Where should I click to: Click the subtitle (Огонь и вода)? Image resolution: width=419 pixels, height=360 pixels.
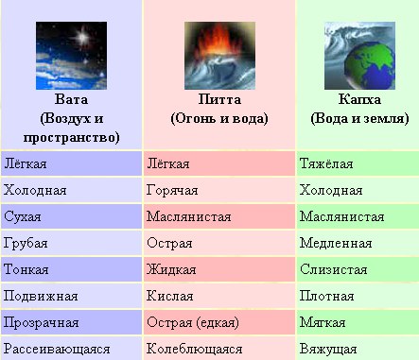pyautogui.click(x=218, y=118)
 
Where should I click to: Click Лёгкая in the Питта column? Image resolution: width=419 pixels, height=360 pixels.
pyautogui.click(x=169, y=163)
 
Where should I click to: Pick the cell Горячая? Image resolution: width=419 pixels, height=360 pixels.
pyautogui.click(x=172, y=190)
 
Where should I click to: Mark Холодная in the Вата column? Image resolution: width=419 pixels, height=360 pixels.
pyautogui.click(x=35, y=190)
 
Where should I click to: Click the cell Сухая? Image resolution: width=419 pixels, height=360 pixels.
pyautogui.click(x=25, y=216)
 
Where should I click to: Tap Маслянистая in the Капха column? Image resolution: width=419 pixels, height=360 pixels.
pyautogui.click(x=341, y=216)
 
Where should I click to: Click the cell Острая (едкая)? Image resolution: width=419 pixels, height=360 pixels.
pyautogui.click(x=193, y=322)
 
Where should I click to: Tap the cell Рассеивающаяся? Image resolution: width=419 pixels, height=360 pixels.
pyautogui.click(x=58, y=349)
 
